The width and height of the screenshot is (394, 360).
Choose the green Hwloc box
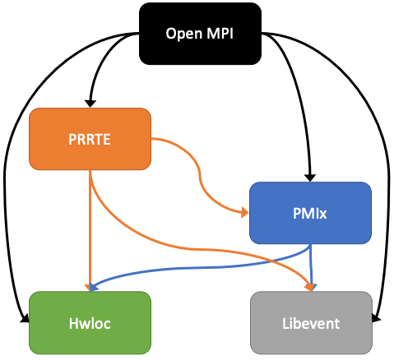click(90, 323)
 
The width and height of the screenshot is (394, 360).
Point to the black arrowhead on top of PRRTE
click(91, 102)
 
